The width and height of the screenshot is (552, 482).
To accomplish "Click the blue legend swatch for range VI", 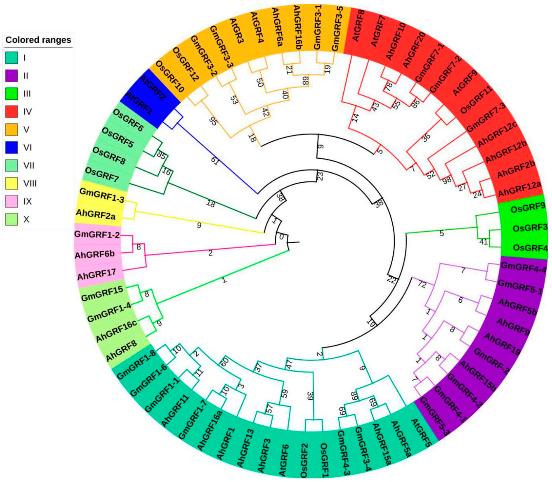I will click(12, 148).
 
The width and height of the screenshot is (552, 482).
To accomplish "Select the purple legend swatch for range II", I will click(12, 76).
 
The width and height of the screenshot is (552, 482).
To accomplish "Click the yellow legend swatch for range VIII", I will click(12, 183).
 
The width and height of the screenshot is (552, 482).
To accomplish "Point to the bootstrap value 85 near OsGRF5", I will click(161, 155).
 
